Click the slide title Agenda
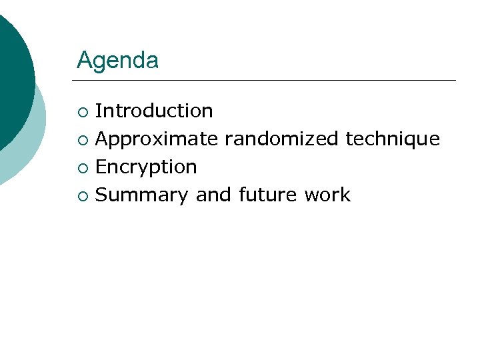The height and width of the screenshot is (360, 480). [x=117, y=61]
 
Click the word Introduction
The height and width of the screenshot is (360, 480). [x=154, y=111]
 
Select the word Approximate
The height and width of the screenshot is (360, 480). [x=157, y=139]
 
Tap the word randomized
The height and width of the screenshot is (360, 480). [x=282, y=139]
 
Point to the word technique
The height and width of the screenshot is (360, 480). [x=393, y=139]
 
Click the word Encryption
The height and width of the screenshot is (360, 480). [x=146, y=167]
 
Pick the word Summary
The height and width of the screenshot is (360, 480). [x=142, y=195]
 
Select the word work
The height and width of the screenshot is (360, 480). [x=327, y=195]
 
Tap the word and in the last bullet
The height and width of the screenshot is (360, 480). [x=212, y=195]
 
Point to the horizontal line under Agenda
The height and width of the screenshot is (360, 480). [x=267, y=81]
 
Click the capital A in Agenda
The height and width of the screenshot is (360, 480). [x=84, y=61]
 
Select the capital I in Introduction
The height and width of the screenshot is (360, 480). [x=99, y=111]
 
